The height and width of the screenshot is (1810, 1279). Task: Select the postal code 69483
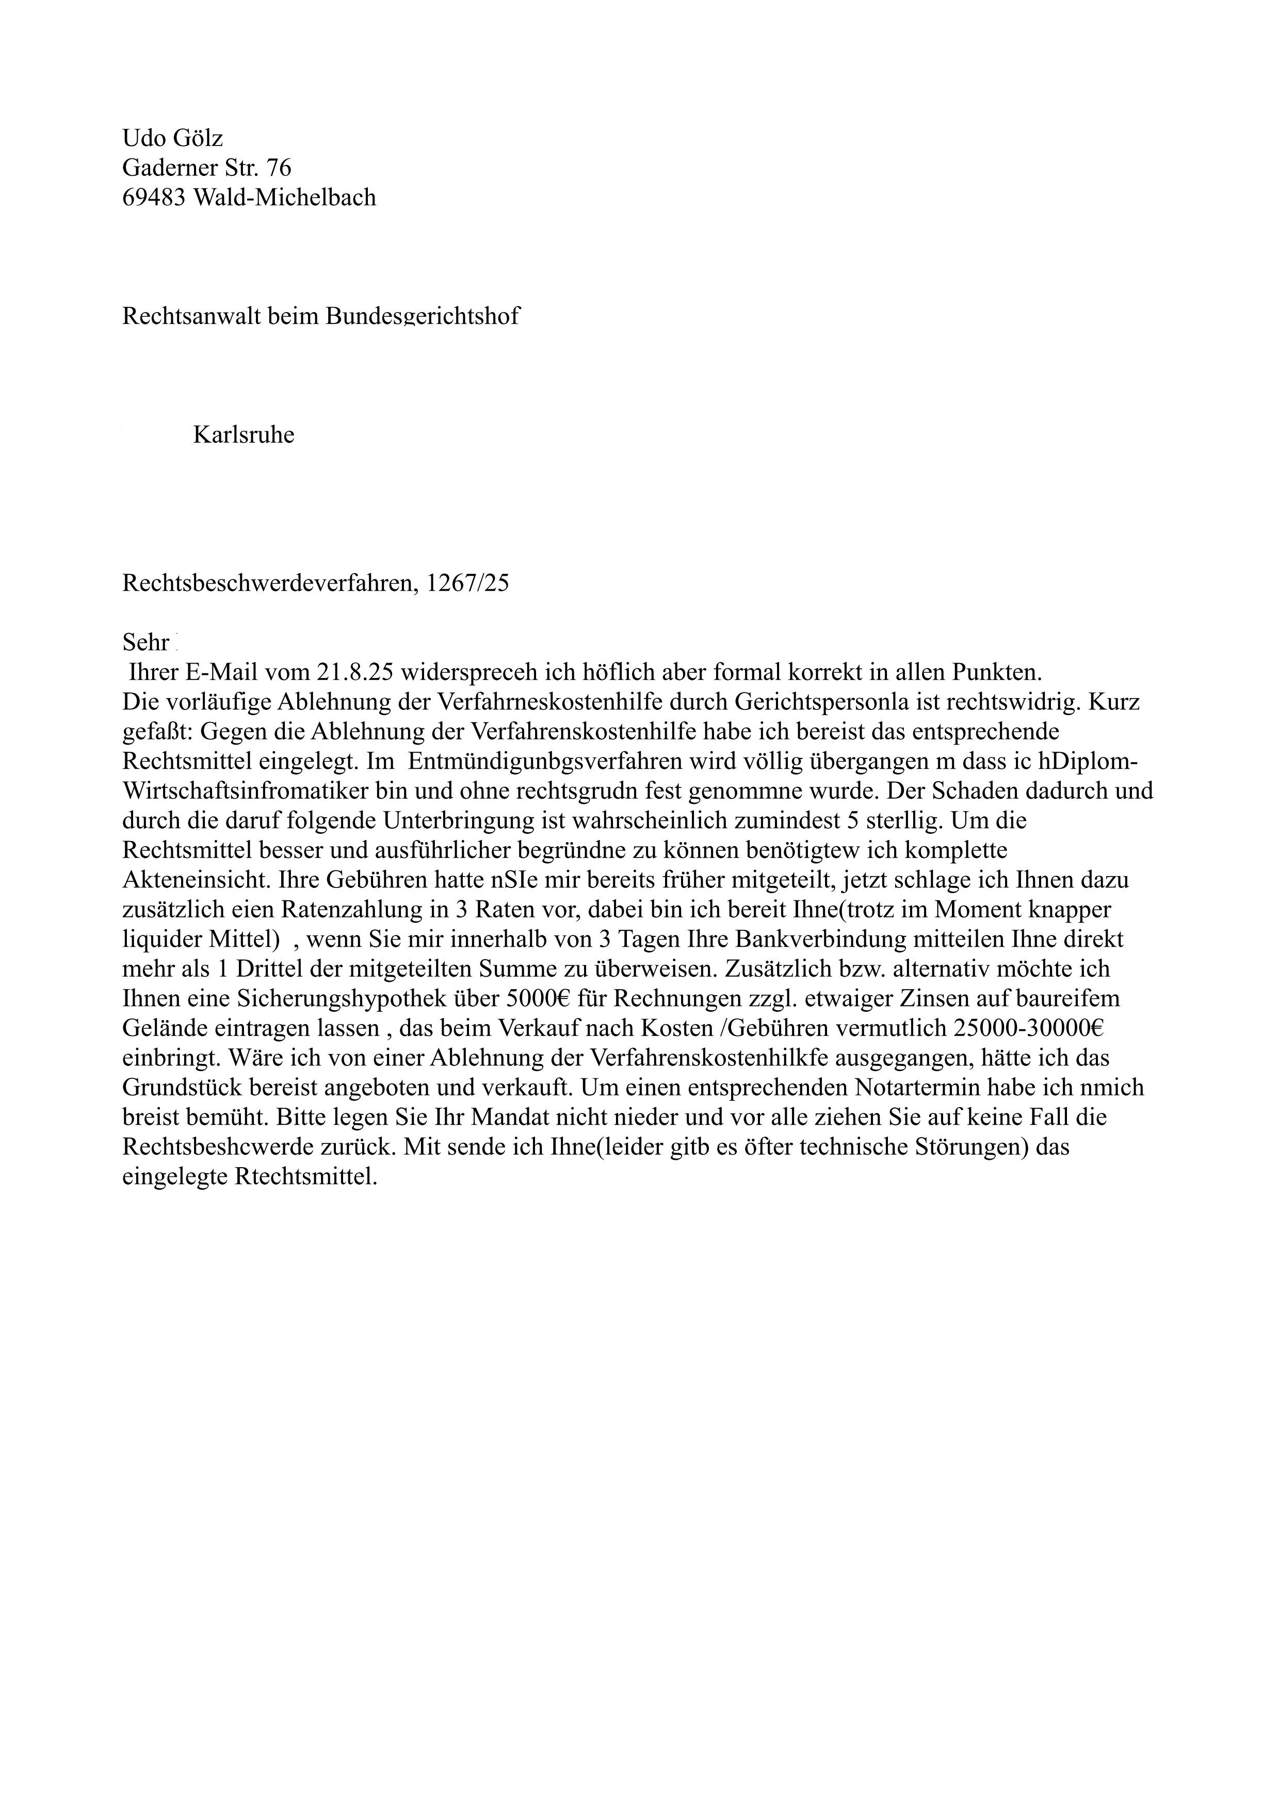pos(154,197)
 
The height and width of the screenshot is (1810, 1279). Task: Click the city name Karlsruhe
pos(244,435)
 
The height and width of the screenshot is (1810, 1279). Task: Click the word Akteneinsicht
pos(197,881)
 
